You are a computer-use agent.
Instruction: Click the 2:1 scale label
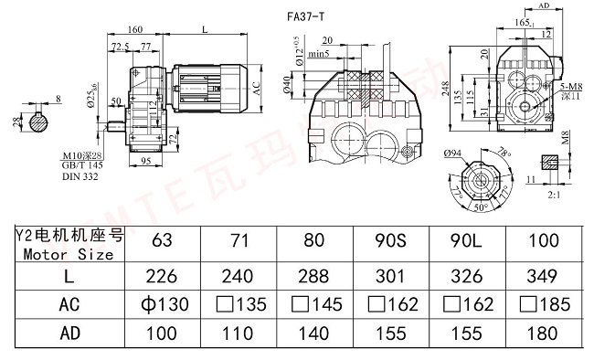click(554, 195)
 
